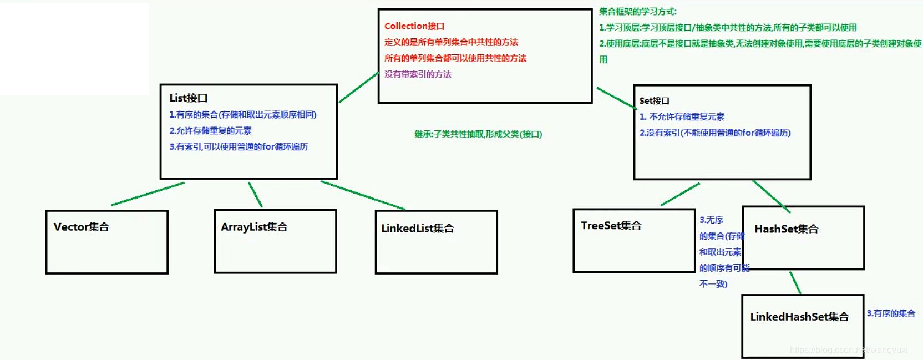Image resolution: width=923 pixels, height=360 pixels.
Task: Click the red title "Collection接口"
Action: (414, 26)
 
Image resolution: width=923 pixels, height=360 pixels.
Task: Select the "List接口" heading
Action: (188, 98)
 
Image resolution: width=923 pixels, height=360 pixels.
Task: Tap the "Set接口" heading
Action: (654, 101)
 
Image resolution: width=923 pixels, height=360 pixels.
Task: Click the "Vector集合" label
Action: (82, 227)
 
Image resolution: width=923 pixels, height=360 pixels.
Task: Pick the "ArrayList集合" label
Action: (254, 227)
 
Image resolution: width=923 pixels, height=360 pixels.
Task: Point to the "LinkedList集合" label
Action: (417, 229)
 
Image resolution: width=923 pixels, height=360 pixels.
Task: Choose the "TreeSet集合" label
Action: (611, 226)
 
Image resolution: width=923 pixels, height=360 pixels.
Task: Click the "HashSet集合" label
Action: (786, 229)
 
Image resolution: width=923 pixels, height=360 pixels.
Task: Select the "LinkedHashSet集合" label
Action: (799, 317)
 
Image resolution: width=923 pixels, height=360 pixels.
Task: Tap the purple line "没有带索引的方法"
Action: (418, 74)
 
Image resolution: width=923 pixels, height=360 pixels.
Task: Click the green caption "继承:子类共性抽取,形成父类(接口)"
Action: (478, 134)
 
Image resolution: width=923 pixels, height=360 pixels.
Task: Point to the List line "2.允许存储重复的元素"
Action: (210, 131)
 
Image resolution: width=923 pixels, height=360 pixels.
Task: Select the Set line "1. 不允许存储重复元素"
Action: (682, 117)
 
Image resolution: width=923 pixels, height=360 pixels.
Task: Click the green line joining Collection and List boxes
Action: (358, 88)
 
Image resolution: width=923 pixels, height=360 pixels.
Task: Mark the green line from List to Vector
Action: (148, 194)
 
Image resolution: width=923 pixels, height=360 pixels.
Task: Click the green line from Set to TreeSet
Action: (680, 195)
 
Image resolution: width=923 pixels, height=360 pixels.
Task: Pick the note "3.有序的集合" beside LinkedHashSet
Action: (891, 313)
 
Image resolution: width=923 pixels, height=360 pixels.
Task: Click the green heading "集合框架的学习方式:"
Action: (637, 12)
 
